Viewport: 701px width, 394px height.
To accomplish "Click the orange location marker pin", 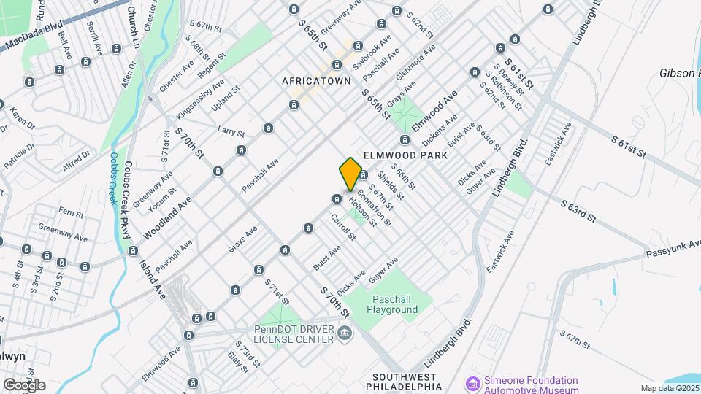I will click(x=350, y=174).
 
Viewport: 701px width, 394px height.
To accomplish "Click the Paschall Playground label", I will click(x=395, y=304).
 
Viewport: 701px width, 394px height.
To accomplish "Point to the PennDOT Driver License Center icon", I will click(x=345, y=333).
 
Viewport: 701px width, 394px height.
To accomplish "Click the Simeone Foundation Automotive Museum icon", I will click(x=472, y=384).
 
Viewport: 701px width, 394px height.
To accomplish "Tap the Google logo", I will click(x=24, y=385).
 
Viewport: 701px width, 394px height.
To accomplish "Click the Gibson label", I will click(x=680, y=73).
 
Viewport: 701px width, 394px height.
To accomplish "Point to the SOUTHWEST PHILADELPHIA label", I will click(x=406, y=381).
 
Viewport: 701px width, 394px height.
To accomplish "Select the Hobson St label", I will click(x=363, y=212).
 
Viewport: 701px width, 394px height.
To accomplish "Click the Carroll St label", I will click(x=342, y=227).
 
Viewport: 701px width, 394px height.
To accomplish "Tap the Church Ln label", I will click(x=133, y=27).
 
